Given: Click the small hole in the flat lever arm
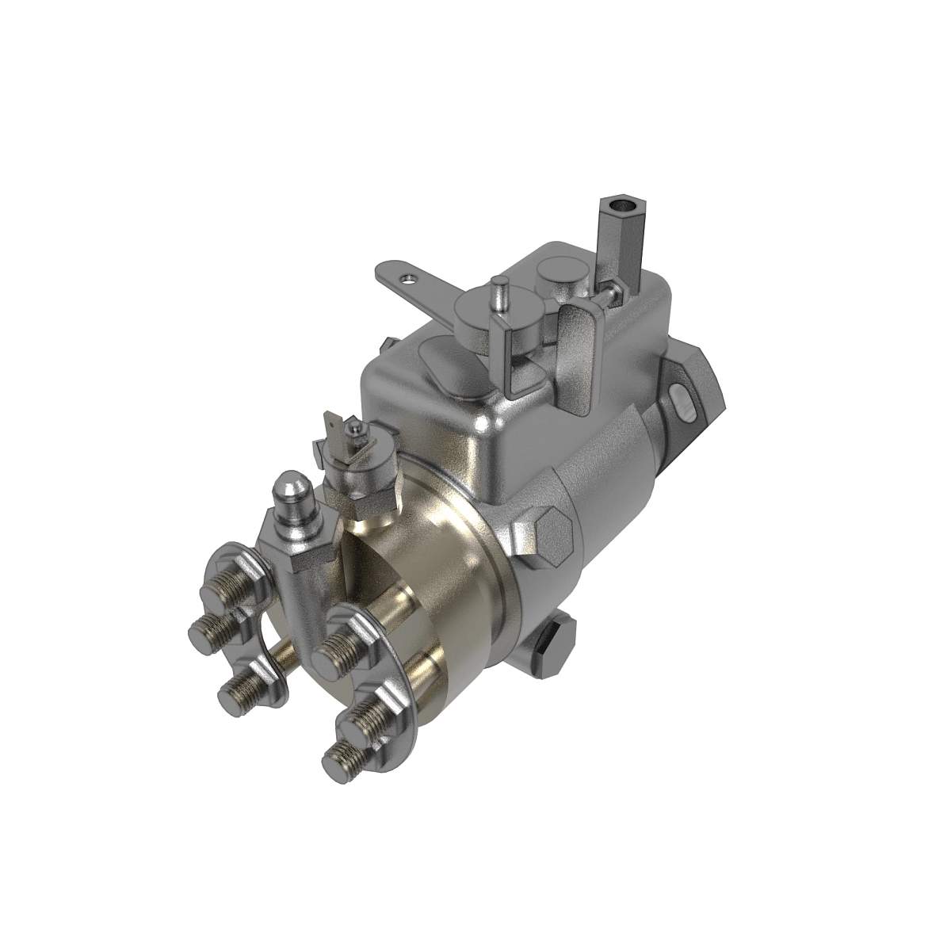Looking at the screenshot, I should (x=408, y=278).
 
